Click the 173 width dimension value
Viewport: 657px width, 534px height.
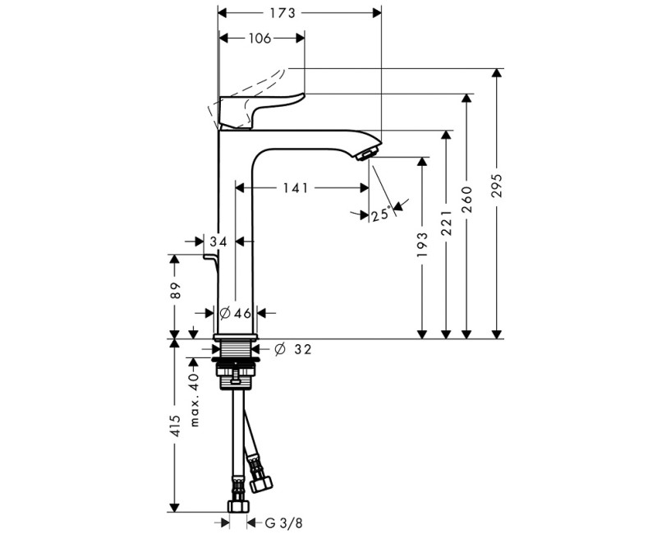point(282,13)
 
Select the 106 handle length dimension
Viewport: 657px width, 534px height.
point(260,38)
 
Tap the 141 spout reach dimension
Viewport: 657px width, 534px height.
point(295,188)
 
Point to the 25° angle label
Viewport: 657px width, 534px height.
point(381,215)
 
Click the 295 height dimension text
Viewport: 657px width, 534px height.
point(497,185)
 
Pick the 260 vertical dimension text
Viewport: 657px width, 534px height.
point(467,200)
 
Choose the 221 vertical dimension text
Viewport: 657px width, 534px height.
point(447,223)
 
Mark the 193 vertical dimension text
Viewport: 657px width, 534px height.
point(423,245)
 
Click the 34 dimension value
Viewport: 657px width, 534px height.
point(218,242)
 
